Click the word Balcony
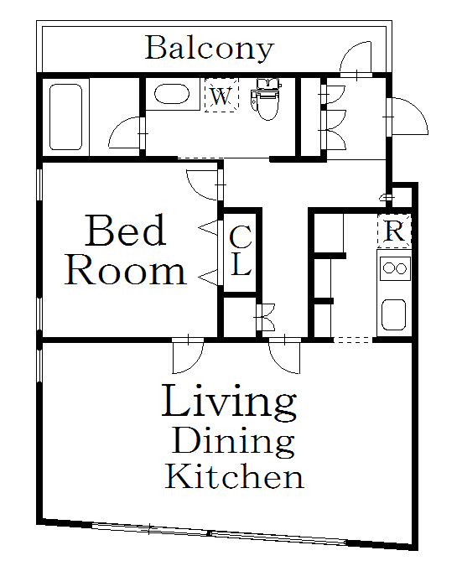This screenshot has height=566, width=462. coord(209,49)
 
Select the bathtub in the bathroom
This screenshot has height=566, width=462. coord(65,117)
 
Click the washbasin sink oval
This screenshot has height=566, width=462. coord(172,95)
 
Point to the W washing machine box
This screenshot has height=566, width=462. coord(221,95)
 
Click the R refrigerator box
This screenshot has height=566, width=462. coord(395,231)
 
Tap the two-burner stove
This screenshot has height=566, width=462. coord(395,268)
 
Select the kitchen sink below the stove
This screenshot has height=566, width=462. coord(394,314)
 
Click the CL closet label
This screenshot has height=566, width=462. coord(241,251)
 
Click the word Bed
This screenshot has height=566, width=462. coord(126,231)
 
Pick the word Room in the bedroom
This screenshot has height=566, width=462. coord(125,270)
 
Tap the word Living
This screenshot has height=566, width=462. coord(229,402)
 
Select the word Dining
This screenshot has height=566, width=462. coord(233,441)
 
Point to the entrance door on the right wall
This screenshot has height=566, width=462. coord(407,117)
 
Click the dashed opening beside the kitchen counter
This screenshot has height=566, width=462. coord(353,340)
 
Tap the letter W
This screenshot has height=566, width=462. coord(221,96)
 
